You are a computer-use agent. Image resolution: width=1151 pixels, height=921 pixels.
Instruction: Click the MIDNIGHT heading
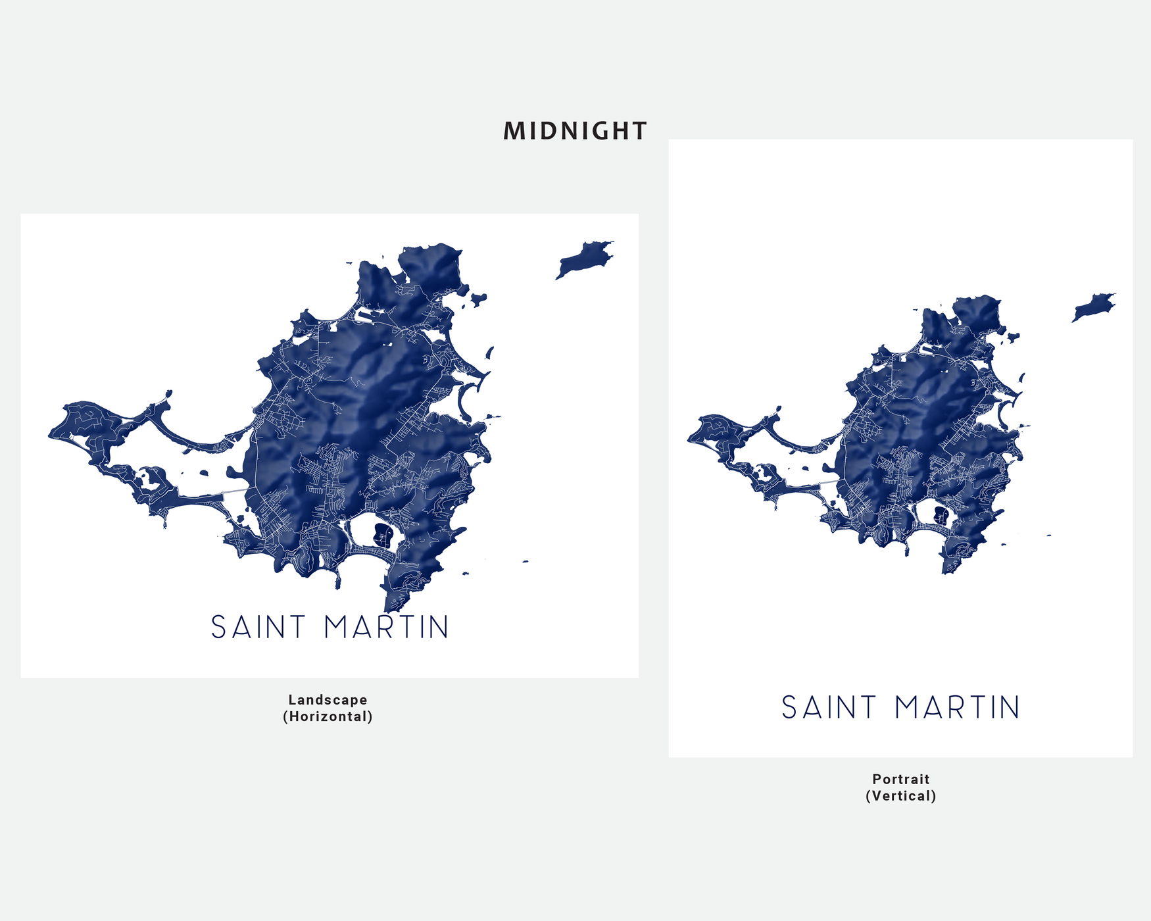[x=575, y=131]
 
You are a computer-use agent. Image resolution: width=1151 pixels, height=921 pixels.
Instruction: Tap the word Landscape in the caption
[x=328, y=700]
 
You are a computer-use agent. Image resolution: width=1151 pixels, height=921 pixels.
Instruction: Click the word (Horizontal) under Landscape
[x=328, y=716]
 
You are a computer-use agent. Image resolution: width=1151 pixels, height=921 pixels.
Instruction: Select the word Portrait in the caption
[x=900, y=779]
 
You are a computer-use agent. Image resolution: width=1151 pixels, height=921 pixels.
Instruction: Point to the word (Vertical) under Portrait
[x=900, y=796]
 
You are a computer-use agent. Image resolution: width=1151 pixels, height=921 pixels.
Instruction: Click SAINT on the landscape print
[x=258, y=627]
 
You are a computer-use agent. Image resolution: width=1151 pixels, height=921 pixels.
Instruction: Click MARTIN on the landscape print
[x=387, y=627]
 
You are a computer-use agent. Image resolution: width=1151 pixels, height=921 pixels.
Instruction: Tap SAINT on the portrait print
[x=829, y=708]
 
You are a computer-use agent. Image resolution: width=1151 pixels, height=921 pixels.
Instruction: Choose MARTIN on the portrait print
[x=957, y=708]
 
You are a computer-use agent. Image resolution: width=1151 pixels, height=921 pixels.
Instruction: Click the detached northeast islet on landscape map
[x=583, y=259]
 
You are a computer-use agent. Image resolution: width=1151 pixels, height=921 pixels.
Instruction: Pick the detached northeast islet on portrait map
[x=1092, y=307]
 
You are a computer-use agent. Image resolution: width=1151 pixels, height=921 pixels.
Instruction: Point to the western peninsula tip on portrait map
[x=690, y=439]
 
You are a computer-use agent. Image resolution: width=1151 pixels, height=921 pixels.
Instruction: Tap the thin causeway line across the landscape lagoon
[x=233, y=492]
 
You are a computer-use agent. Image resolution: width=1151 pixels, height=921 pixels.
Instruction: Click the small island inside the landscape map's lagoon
[x=203, y=472]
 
